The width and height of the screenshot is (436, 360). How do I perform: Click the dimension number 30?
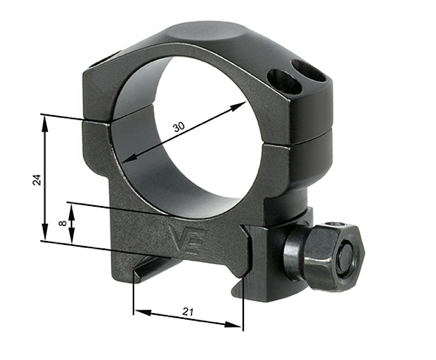click(x=178, y=127)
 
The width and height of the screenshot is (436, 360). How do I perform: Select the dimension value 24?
click(x=35, y=179)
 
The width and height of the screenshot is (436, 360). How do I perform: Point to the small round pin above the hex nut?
click(x=335, y=223)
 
